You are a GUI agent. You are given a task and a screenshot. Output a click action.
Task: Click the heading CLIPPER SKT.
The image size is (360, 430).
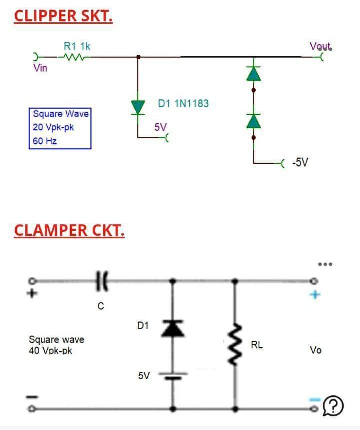click(63, 16)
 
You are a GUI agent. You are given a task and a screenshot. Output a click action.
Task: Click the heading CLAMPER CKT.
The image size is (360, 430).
click(69, 230)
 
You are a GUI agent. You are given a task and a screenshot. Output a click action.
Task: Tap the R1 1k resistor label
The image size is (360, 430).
click(77, 46)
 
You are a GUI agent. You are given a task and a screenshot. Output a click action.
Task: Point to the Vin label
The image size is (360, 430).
click(40, 68)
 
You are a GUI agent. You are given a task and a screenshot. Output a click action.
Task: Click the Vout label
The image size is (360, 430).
click(320, 46)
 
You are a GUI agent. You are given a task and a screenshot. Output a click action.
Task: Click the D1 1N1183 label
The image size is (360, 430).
click(183, 104)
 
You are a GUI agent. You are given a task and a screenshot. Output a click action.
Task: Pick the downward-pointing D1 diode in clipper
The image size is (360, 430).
click(138, 107)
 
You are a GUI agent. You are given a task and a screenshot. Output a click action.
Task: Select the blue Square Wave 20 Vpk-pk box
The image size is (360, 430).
click(60, 127)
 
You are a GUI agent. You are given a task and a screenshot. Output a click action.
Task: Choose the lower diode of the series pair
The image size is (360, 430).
click(254, 121)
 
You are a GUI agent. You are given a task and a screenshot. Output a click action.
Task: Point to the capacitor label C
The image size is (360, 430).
click(101, 306)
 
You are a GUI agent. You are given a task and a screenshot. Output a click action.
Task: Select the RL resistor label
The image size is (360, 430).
click(257, 345)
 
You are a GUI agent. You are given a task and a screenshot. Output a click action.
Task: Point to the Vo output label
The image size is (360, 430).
click(315, 350)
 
